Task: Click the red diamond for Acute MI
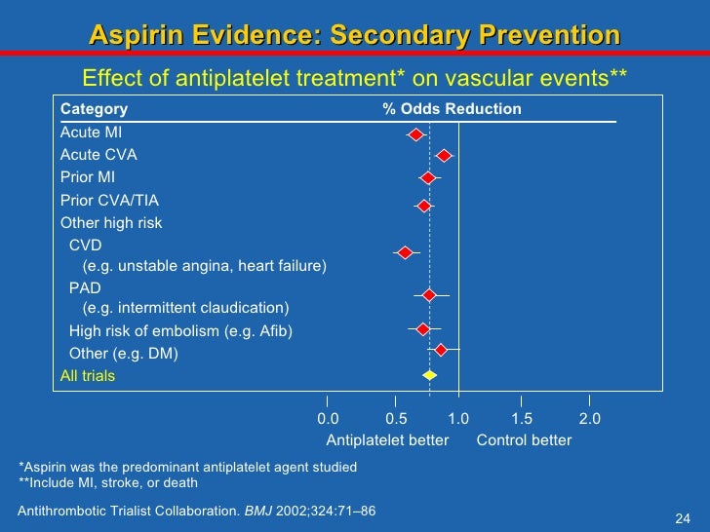[415, 134]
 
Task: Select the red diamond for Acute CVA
[444, 156]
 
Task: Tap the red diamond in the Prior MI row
[428, 178]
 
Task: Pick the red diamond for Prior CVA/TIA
[423, 206]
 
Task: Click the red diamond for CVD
[405, 253]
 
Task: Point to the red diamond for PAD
[429, 294]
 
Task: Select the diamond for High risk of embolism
[422, 329]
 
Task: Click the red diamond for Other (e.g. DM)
[441, 350]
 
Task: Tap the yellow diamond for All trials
[429, 375]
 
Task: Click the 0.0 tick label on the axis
[328, 419]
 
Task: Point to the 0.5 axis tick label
[395, 419]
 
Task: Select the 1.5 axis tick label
[522, 419]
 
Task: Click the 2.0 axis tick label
[589, 419]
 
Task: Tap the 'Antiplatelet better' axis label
[387, 440]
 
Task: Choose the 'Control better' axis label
[524, 440]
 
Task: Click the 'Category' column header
[94, 109]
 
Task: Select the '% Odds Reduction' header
[452, 109]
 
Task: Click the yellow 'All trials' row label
[88, 376]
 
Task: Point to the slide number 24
[683, 517]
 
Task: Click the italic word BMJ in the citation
[258, 511]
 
